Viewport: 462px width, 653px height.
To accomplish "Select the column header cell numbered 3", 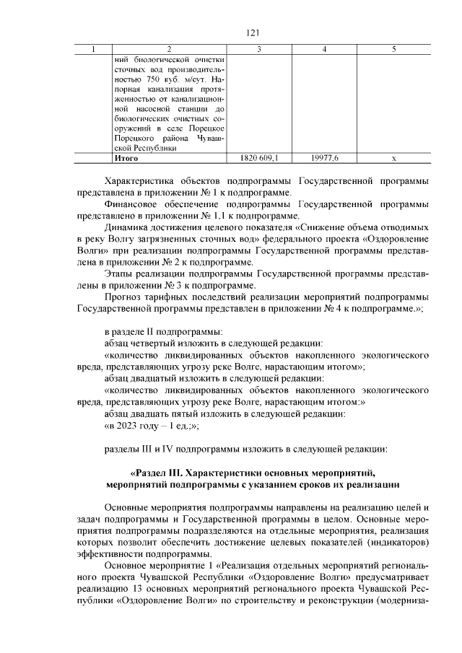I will click(258, 48).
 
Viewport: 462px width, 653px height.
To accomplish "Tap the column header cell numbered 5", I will click(393, 48).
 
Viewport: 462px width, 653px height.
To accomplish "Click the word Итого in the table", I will click(126, 157).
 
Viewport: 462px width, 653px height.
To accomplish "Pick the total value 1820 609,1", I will click(258, 157).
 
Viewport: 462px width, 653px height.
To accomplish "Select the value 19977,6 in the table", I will click(325, 157).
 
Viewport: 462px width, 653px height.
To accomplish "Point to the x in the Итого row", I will click(393, 157).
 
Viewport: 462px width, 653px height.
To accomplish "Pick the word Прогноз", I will click(126, 297).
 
